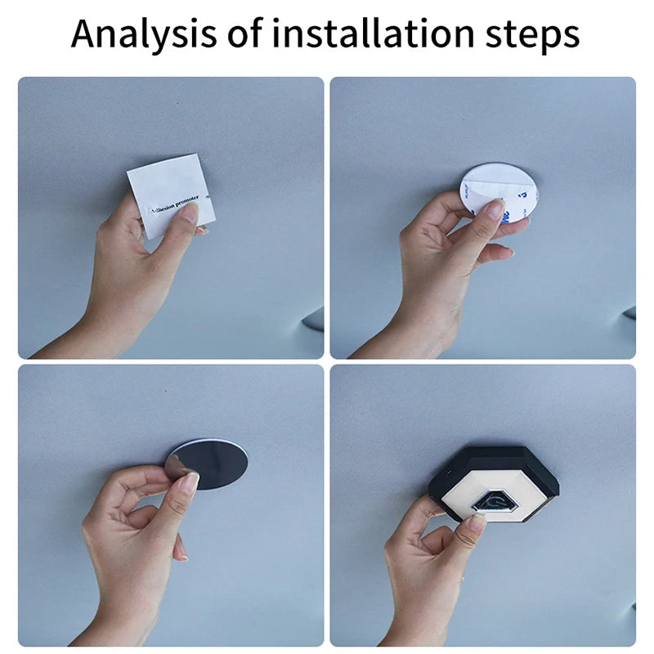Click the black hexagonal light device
tap(495, 482)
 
